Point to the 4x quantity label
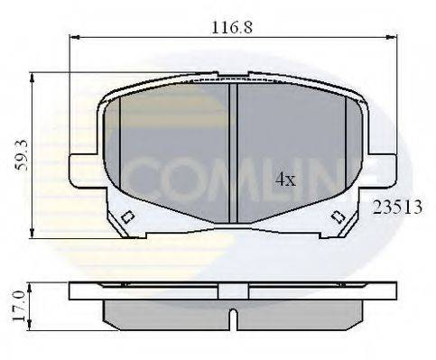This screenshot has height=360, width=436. coord(284,180)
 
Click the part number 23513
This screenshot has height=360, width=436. coord(397,207)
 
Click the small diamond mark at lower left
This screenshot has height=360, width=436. coord(127,217)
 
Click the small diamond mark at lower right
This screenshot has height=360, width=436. coord(338,217)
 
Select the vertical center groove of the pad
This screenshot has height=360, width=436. coord(232,153)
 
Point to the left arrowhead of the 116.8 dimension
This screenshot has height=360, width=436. coord(75,38)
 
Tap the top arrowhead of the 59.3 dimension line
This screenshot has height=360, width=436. coord(33,78)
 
